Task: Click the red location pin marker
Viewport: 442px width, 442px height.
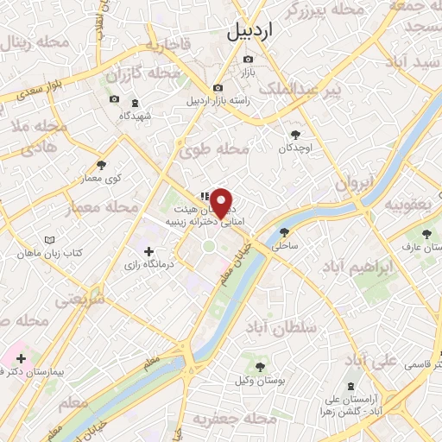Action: point(222,202)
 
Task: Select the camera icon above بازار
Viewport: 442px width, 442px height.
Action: point(249,59)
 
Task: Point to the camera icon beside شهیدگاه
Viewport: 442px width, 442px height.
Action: point(114,100)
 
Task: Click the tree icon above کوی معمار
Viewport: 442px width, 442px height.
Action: point(102,164)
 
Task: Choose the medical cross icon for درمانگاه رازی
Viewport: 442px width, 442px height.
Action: point(149,251)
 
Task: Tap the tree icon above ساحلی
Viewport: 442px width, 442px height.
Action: point(285,231)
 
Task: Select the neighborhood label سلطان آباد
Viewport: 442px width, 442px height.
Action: point(306,328)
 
